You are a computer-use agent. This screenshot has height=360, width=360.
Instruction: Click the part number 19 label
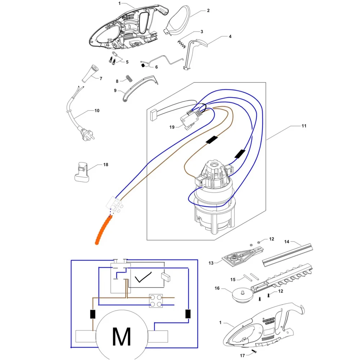[x=172, y=127]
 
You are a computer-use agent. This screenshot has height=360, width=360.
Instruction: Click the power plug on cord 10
[x=87, y=134]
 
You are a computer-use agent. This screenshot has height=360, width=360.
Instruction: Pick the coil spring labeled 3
[x=181, y=44]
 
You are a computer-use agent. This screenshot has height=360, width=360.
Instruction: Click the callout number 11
[x=304, y=126]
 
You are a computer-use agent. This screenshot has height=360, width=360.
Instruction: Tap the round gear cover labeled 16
[x=242, y=296]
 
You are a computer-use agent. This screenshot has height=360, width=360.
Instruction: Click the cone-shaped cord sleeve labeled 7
[x=90, y=74]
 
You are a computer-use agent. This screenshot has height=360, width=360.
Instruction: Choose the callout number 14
[x=287, y=242]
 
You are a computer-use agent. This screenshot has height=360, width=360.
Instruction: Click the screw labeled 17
[x=254, y=351]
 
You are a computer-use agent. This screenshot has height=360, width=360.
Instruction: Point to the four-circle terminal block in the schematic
[x=156, y=301]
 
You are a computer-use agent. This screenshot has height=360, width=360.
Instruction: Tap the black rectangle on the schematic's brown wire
[x=93, y=314]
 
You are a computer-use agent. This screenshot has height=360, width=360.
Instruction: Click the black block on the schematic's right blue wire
[x=188, y=314]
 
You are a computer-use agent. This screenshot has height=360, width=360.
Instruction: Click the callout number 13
[x=211, y=263]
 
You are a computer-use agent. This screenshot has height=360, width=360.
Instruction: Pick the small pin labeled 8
[x=129, y=78]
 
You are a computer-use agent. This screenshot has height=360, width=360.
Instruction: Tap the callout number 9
[x=115, y=90]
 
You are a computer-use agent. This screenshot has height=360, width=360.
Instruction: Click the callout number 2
[x=208, y=10]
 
